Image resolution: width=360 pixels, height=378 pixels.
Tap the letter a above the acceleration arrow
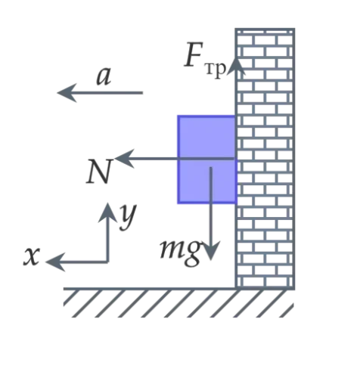click(x=104, y=76)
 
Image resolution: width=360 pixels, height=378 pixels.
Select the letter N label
click(x=98, y=172)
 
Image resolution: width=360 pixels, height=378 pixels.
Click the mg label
click(x=181, y=252)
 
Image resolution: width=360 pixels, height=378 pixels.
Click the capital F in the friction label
click(x=194, y=54)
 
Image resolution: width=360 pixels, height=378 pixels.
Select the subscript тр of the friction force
click(x=215, y=69)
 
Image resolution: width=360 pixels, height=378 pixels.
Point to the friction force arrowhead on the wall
click(x=236, y=67)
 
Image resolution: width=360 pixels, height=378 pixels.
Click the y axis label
click(x=128, y=217)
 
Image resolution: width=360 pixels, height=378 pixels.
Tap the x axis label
click(x=32, y=256)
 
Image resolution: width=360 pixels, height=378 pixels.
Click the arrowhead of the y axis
click(x=108, y=212)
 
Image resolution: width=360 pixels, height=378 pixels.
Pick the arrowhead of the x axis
click(x=55, y=262)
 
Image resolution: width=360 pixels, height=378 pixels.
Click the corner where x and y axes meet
click(x=108, y=262)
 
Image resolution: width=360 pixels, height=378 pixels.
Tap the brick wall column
click(x=265, y=159)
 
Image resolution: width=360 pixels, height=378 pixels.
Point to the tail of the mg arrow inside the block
click(x=211, y=168)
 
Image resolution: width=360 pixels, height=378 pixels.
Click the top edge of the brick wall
click(x=265, y=29)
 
